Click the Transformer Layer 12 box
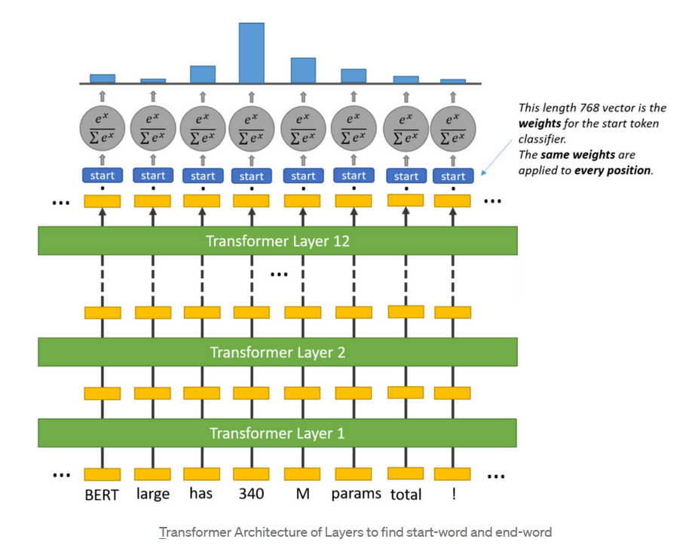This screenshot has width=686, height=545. (277, 241)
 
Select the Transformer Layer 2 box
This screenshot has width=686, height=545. (277, 352)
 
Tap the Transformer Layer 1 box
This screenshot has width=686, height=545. (277, 433)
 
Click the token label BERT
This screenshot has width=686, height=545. (102, 495)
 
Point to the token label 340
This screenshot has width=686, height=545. (251, 495)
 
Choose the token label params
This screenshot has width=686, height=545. (356, 495)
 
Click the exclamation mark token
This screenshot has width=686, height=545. (453, 495)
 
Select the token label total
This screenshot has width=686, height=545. (406, 496)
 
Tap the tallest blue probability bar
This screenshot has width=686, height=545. (251, 53)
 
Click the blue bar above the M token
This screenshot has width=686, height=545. (303, 70)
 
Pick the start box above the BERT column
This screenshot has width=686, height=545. (102, 176)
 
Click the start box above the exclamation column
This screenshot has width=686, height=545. (453, 176)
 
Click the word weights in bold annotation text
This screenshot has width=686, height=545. (540, 123)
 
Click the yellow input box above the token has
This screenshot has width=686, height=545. (202, 474)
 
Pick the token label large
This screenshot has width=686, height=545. (152, 495)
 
